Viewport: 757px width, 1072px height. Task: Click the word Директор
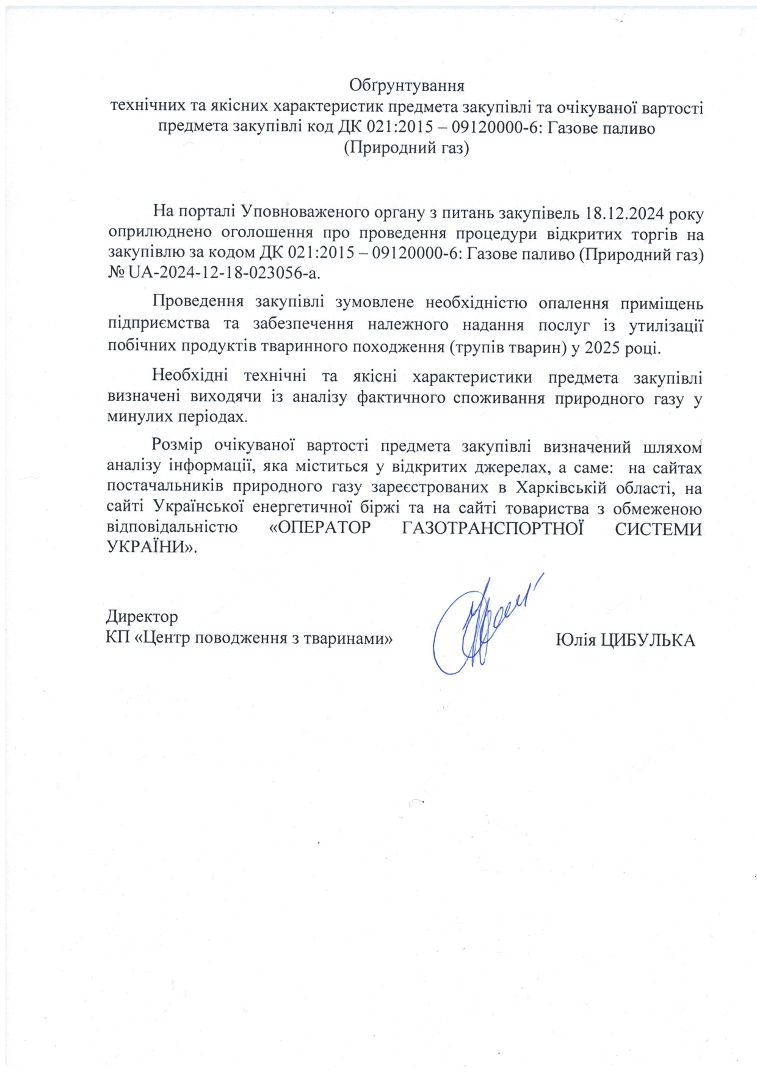pyautogui.click(x=142, y=615)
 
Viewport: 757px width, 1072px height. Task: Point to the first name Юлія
pyautogui.click(x=576, y=640)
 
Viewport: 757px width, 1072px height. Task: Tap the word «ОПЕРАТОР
pyautogui.click(x=320, y=528)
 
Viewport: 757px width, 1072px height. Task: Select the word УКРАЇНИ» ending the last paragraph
pyautogui.click(x=153, y=548)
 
